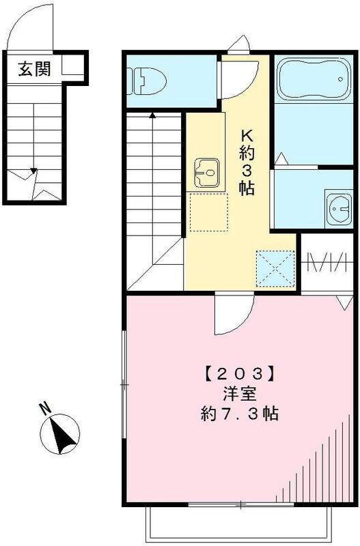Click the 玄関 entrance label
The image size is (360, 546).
[34, 69]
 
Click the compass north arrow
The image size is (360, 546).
[62, 434]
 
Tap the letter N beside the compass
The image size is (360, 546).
[44, 410]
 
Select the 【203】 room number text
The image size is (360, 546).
[238, 373]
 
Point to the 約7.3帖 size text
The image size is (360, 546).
[238, 414]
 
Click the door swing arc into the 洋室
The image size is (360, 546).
[232, 318]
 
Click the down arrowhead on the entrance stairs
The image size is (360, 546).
[31, 172]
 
